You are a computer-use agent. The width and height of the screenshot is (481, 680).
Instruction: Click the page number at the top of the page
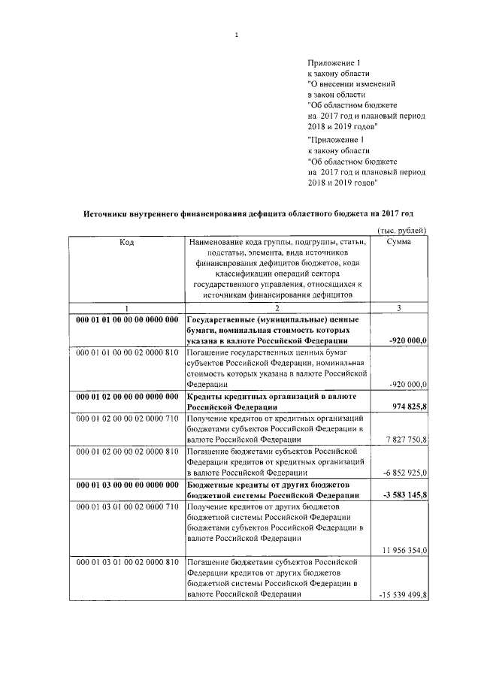tap(236, 34)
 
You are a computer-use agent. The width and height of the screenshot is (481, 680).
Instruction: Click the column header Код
tap(126, 242)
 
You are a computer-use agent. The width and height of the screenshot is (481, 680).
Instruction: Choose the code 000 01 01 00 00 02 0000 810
tap(126, 352)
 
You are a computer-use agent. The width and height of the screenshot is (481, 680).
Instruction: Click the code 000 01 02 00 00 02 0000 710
tap(126, 417)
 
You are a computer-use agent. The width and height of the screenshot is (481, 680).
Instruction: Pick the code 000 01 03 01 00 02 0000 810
tap(126, 561)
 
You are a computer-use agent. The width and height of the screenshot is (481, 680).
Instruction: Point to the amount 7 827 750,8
tap(403, 440)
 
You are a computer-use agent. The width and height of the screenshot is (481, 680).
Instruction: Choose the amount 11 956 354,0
tap(402, 550)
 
